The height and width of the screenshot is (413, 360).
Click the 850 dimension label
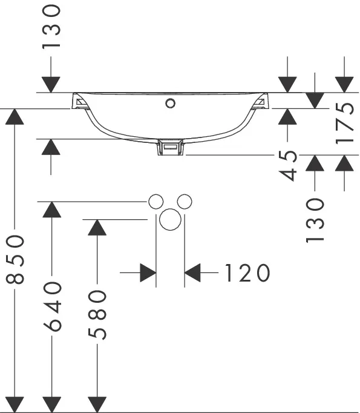tap(15, 259)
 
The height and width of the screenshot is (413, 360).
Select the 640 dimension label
tap(52, 306)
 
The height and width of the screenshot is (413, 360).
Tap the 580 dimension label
tap(97, 315)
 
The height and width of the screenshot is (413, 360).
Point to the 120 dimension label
tap(247, 273)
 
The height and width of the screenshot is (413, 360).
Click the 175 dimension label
tap(344, 123)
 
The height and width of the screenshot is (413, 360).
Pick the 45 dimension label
tap(287, 166)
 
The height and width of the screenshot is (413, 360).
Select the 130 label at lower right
tap(315, 220)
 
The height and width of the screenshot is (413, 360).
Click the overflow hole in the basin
tap(171, 103)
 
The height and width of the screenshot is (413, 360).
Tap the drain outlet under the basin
tap(170, 148)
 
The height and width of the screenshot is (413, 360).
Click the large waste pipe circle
tap(170, 219)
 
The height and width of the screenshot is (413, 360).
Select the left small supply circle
tap(155, 202)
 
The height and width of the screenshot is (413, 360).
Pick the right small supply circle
tap(185, 202)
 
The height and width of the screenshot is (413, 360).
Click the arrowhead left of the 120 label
tap(148, 273)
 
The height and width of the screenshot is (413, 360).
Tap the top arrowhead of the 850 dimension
tap(15, 116)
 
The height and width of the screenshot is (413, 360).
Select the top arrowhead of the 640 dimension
tap(52, 210)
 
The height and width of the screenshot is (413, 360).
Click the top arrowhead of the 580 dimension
tap(97, 227)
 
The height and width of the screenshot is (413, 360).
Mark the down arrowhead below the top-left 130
tap(51, 85)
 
